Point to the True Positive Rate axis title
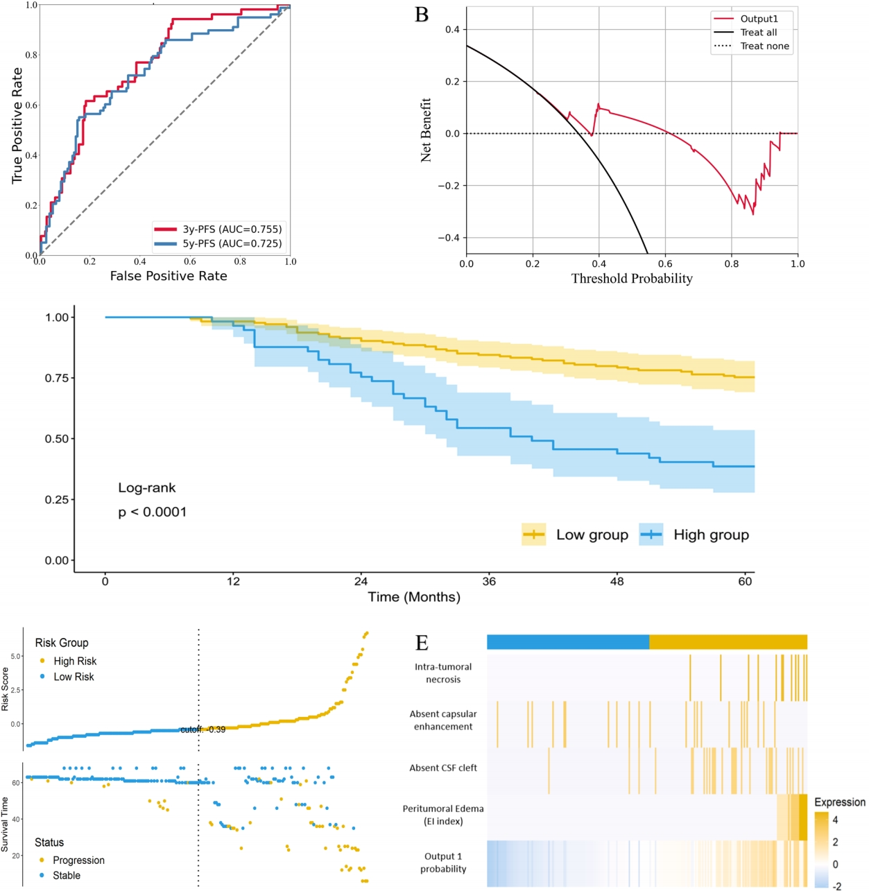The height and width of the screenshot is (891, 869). pos(17,126)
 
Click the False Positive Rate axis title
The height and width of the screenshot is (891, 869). pos(169,276)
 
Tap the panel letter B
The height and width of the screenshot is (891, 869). pos(422,15)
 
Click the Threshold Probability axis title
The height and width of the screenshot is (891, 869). pos(632,279)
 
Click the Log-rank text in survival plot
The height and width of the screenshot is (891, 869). pos(147,488)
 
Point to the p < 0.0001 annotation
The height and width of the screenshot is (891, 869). pos(152,512)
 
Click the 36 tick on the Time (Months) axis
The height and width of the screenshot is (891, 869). pos(489,582)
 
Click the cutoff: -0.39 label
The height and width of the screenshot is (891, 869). pos(203,730)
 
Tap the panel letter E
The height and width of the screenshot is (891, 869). pos(422,643)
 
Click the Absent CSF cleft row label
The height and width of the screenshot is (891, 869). pos(443,768)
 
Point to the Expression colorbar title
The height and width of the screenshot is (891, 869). pos(839,802)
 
